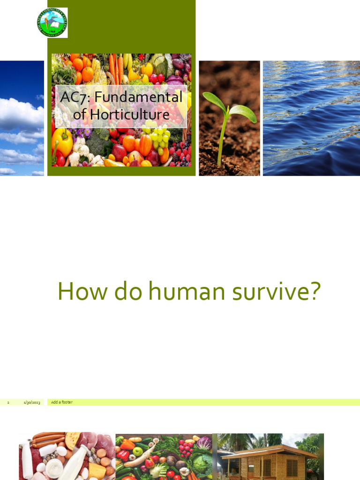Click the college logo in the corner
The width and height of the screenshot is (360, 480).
(52, 22)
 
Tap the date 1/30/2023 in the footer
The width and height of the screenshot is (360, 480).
(32, 403)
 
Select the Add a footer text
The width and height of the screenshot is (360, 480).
(62, 402)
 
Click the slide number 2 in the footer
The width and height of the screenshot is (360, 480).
(8, 403)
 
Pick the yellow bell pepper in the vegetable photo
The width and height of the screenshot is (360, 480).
(62, 141)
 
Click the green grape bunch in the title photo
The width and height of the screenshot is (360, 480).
(159, 136)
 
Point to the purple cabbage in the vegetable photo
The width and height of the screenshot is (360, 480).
(204, 442)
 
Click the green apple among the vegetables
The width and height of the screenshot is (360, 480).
(137, 451)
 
